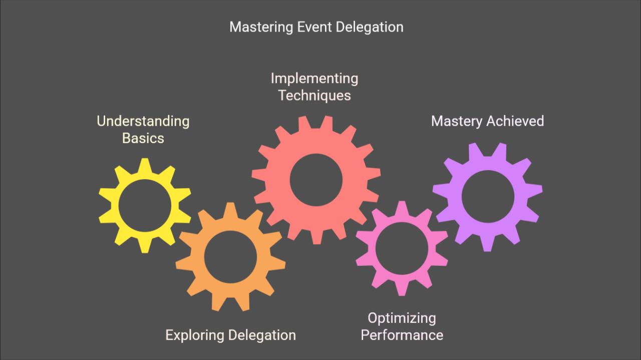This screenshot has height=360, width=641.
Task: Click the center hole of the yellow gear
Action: tap(145, 205)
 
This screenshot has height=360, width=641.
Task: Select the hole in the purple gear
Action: tap(488, 197)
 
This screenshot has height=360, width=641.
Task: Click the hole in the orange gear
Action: tap(230, 256)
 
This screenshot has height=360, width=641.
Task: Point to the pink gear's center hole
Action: tap(402, 248)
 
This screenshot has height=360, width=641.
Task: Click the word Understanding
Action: tap(143, 121)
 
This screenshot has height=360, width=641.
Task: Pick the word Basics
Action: tap(143, 138)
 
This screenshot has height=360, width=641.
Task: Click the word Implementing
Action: tap(314, 79)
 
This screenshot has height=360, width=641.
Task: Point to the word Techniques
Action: tap(314, 95)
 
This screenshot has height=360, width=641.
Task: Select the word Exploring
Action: tap(195, 335)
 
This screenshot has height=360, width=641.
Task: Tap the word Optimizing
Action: tap(402, 318)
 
